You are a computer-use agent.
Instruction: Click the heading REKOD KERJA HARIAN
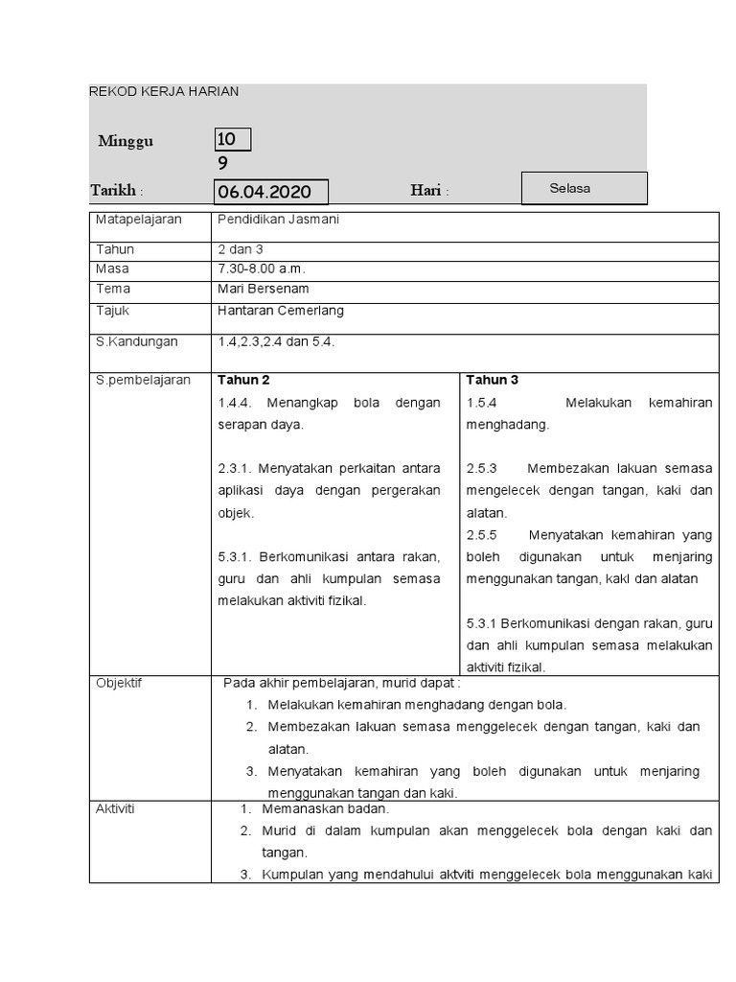click(164, 92)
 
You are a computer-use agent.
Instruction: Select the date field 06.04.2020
click(271, 192)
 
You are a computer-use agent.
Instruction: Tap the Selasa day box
click(584, 189)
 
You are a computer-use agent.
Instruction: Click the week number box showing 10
click(233, 141)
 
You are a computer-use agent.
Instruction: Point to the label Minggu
click(126, 142)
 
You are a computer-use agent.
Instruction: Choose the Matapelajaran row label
click(139, 220)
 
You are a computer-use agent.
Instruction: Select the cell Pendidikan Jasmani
click(279, 220)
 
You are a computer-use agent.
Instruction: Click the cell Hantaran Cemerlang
click(281, 311)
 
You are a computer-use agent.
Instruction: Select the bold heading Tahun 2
click(243, 380)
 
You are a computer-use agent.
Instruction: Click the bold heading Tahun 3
click(493, 380)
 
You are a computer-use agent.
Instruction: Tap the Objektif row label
click(119, 683)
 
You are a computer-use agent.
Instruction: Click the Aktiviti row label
click(116, 808)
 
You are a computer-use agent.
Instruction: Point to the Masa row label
click(112, 269)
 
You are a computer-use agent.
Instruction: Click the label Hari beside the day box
click(428, 191)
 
